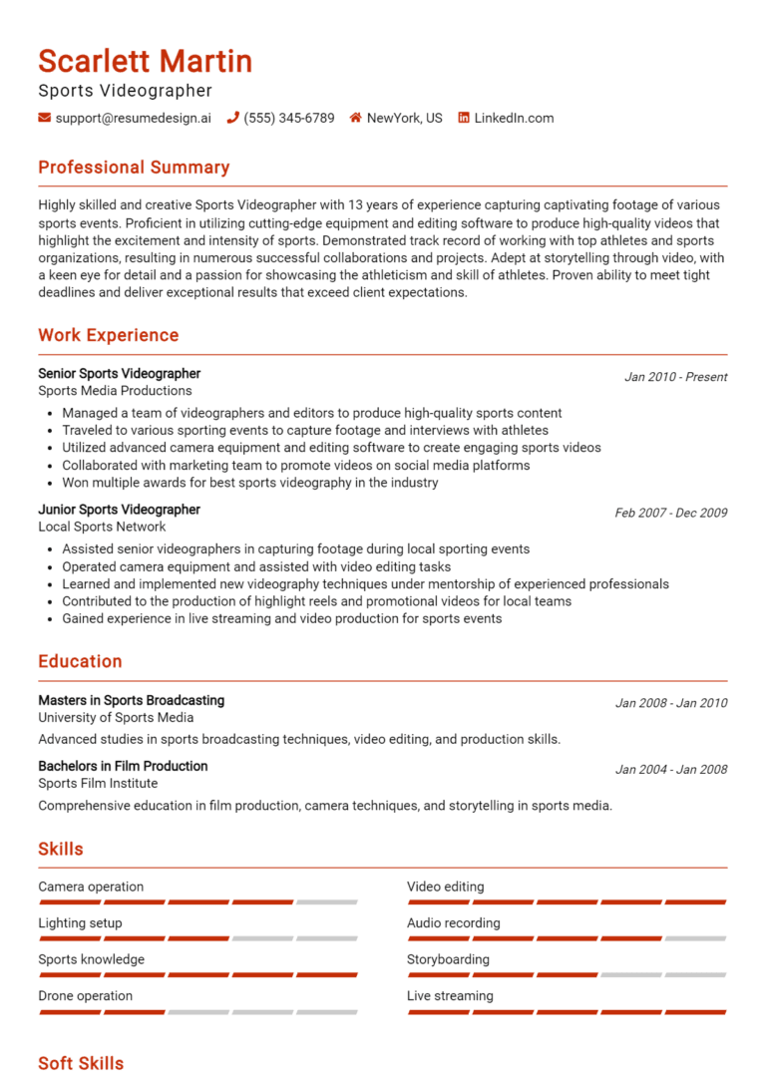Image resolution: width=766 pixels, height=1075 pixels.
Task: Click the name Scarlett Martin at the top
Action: coord(145,62)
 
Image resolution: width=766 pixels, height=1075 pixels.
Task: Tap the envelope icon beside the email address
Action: coord(44,118)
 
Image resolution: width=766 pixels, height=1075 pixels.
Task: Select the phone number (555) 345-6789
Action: coord(288,118)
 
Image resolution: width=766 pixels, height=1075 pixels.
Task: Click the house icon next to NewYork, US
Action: coord(355,118)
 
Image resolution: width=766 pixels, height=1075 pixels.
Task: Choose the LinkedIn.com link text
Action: coord(514,118)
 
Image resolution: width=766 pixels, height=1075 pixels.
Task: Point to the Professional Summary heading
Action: coord(134,168)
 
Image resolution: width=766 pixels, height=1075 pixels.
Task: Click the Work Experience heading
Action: coord(108,335)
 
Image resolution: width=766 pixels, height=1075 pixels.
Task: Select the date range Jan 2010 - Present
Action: coord(675,377)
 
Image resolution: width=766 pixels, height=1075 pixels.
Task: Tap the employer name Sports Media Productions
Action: coord(115,391)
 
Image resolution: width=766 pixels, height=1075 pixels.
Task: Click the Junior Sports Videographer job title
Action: coord(119,510)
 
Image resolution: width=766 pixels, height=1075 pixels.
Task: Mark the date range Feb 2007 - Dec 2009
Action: coord(670,513)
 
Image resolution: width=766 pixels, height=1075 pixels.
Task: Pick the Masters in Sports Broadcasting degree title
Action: coord(131,700)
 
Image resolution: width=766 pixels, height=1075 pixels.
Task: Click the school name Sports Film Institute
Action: coord(98,783)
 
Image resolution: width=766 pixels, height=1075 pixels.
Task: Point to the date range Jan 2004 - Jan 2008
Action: coord(670,769)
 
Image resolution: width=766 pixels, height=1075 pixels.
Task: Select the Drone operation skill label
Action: coord(85,995)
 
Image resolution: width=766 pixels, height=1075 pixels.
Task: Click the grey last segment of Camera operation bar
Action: coord(326,902)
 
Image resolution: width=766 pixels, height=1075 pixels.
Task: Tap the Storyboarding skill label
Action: coord(448,959)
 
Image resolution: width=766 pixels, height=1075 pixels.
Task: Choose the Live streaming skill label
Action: coord(450,995)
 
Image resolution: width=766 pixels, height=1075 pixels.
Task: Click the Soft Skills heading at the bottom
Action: coord(81,1063)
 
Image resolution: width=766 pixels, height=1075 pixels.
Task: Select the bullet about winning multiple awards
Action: coord(249,483)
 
